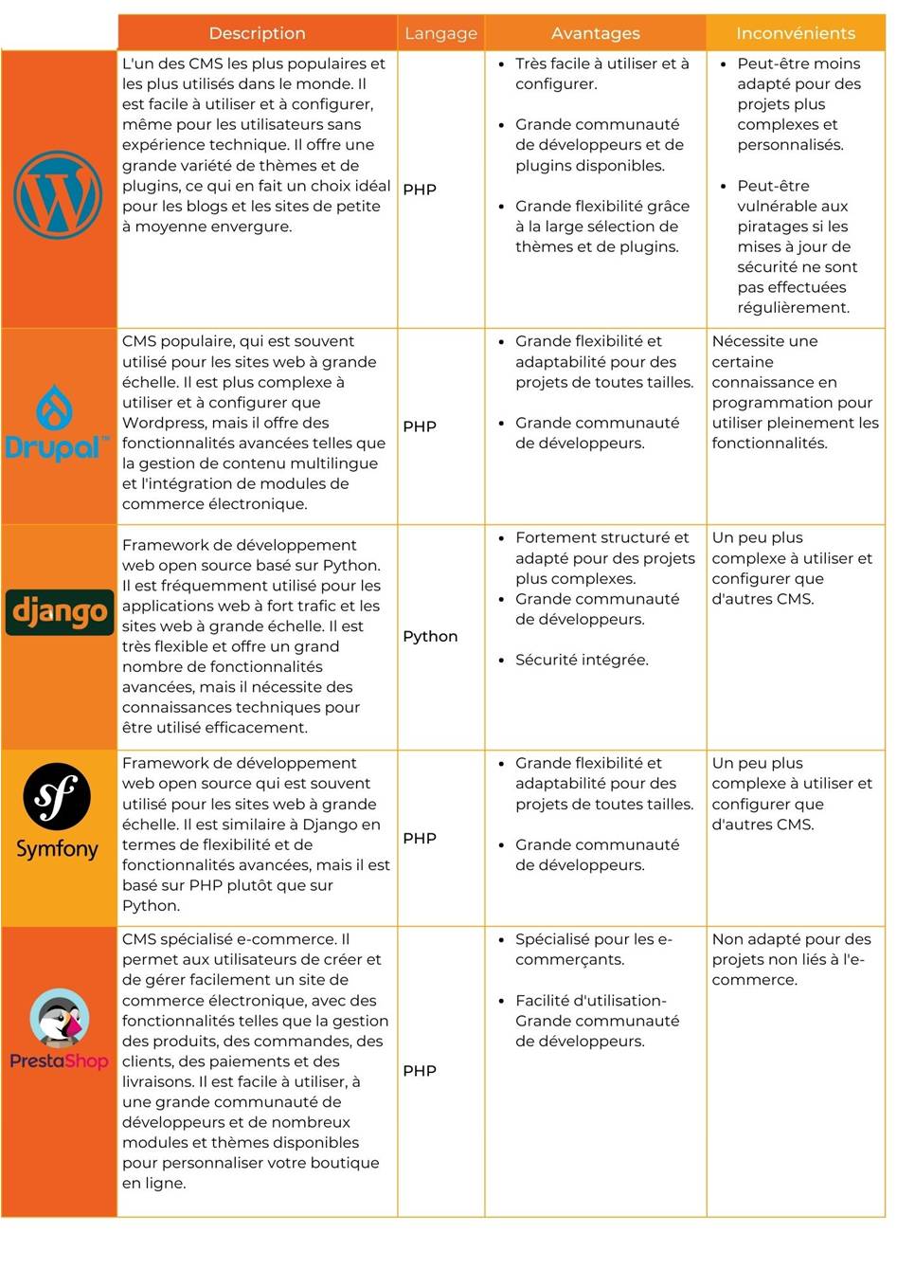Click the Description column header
click(x=257, y=33)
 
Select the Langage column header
click(x=440, y=33)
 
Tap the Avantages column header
click(x=595, y=33)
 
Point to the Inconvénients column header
click(x=795, y=33)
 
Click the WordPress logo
click(x=58, y=194)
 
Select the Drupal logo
click(x=58, y=424)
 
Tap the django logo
click(x=59, y=612)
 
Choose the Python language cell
click(x=430, y=637)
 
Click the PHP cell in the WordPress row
click(x=420, y=190)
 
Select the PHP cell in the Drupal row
click(x=420, y=426)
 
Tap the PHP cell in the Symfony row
click(x=420, y=839)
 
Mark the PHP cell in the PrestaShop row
click(x=420, y=1071)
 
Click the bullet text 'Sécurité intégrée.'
click(x=582, y=661)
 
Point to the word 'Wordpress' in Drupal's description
click(x=163, y=423)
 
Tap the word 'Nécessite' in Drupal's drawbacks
click(x=746, y=341)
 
